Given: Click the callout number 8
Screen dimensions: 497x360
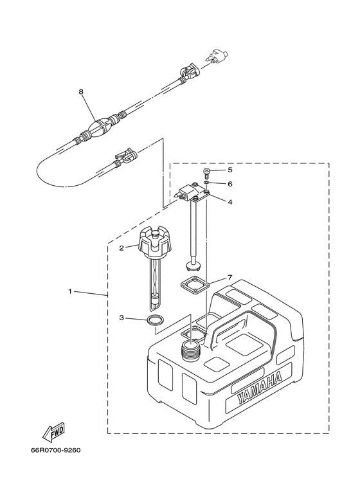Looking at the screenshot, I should coord(82,92).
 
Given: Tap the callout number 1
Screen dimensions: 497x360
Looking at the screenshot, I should coord(70,291).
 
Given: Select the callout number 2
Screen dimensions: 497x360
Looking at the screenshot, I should coord(120,247).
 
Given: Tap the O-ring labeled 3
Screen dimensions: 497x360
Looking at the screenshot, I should coord(154,321).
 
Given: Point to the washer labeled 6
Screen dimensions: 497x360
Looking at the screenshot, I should coord(206,183).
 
